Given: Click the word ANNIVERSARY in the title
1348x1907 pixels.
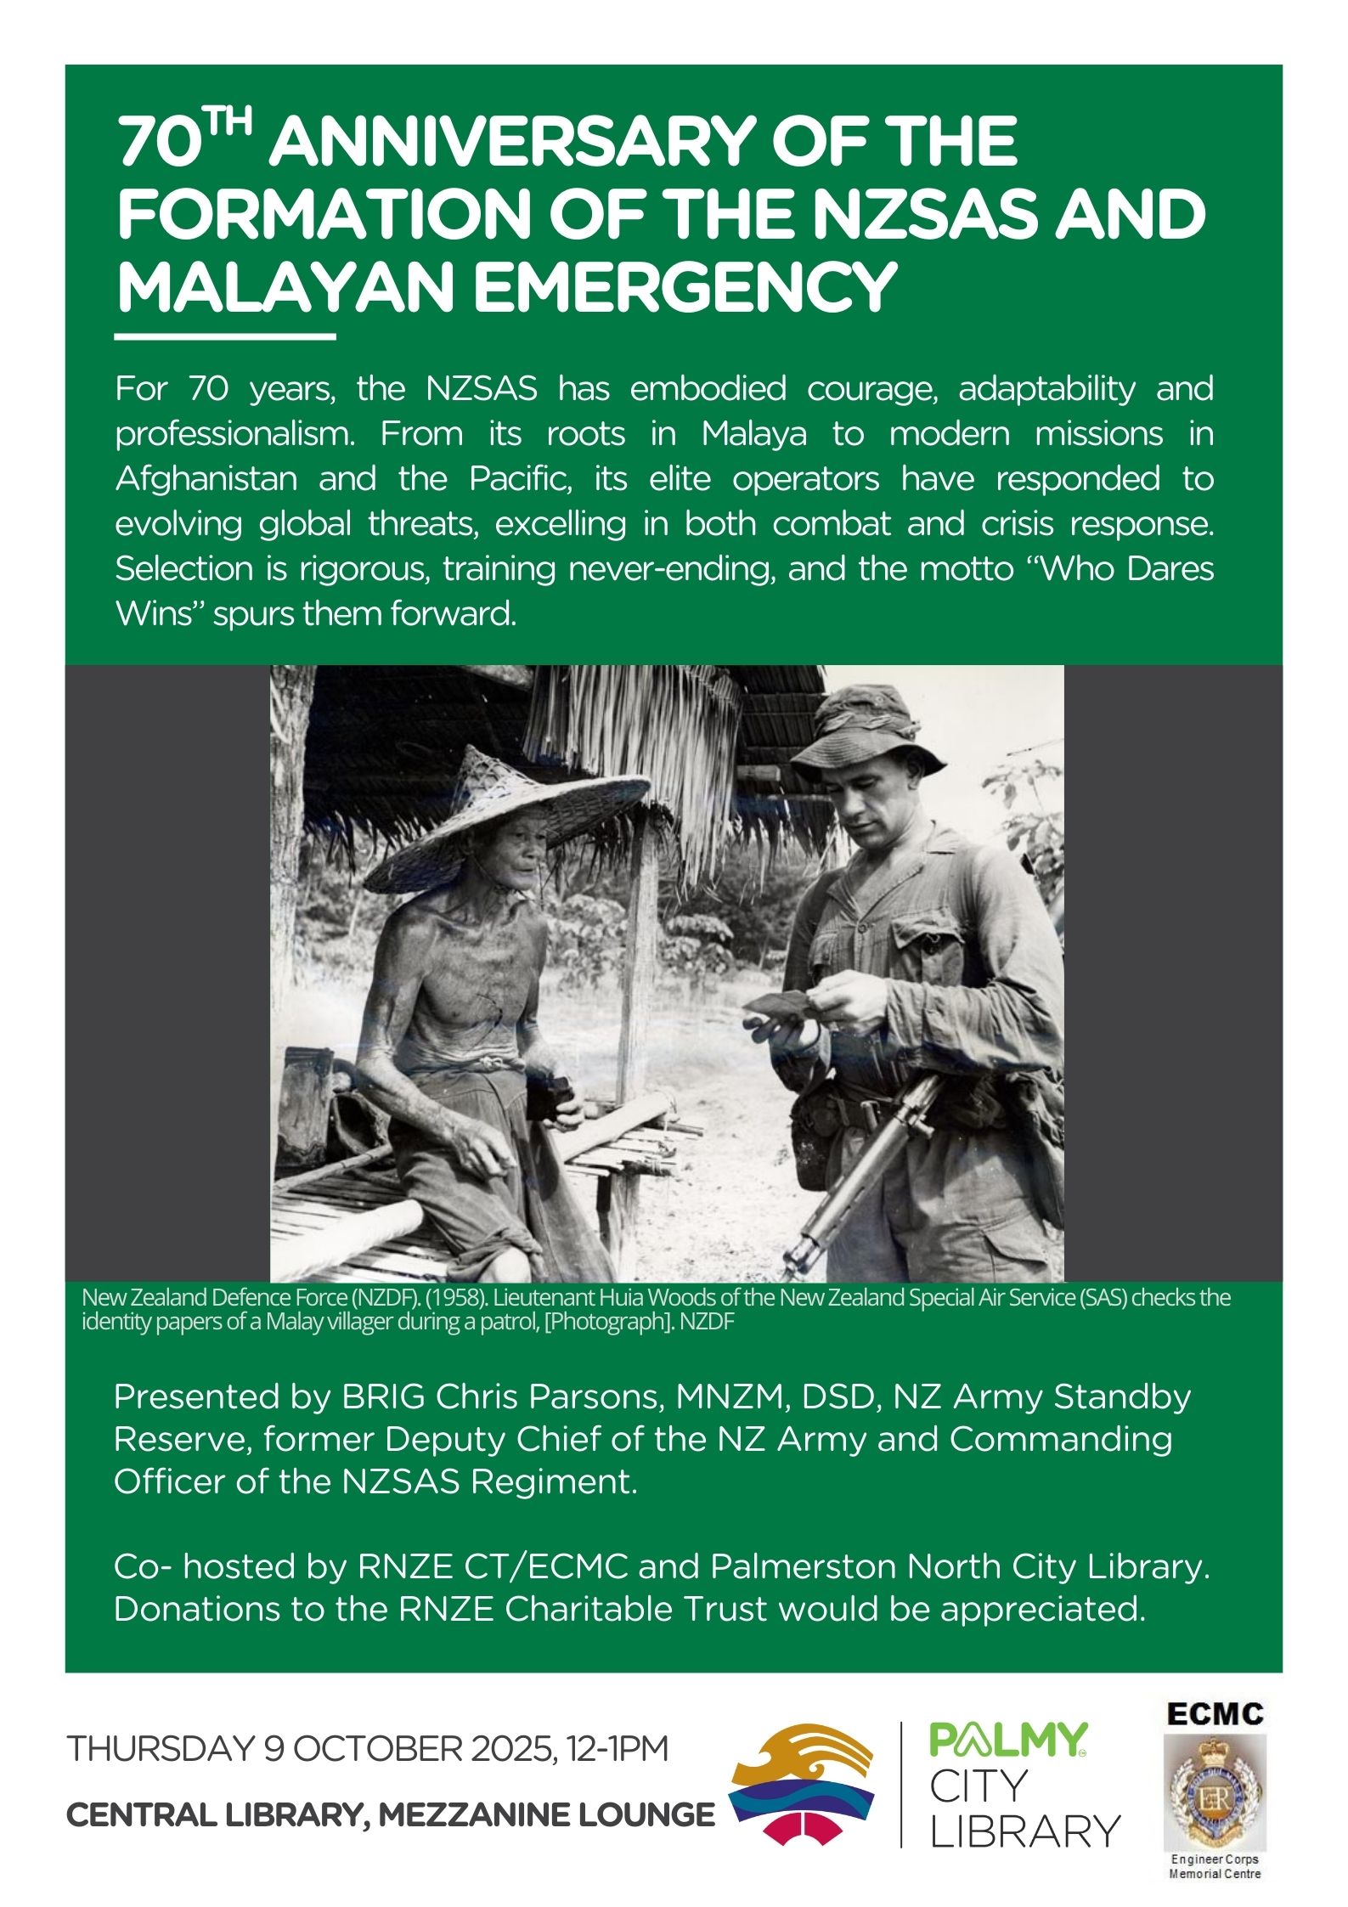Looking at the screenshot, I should pyautogui.click(x=642, y=143).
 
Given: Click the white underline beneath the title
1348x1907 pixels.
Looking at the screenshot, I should pyautogui.click(x=225, y=337).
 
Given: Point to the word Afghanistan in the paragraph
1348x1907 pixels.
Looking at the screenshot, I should pyautogui.click(x=206, y=479).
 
